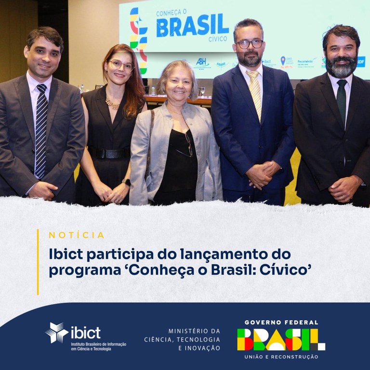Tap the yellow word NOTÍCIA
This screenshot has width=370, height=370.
[77, 235]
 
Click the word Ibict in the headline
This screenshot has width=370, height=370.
[67, 253]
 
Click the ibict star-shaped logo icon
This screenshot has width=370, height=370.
[56, 333]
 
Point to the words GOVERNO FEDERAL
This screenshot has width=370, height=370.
[281, 322]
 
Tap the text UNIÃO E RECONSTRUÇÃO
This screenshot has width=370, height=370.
[281, 357]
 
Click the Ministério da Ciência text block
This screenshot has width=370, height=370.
[182, 339]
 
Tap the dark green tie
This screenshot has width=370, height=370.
[342, 101]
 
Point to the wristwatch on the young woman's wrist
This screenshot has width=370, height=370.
[126, 182]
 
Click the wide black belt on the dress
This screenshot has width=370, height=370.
[110, 153]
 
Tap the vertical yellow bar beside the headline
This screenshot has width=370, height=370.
[38, 262]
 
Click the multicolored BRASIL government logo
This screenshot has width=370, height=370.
[281, 339]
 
